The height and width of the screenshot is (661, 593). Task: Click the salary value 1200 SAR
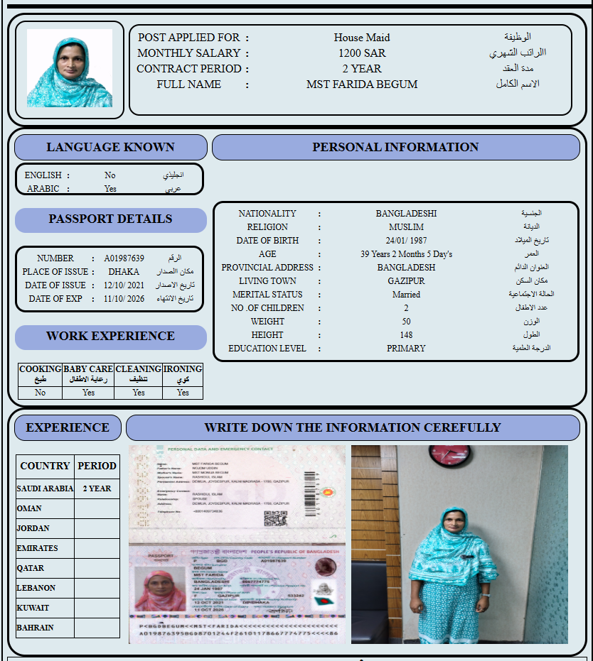pos(362,53)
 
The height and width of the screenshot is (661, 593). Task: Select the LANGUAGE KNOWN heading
pos(110,148)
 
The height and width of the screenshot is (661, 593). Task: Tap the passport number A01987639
pos(124,258)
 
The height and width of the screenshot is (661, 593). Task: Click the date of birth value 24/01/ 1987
pos(406,241)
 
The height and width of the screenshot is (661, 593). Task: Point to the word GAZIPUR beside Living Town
pos(406,281)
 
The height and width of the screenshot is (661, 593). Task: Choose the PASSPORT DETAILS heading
pos(110,219)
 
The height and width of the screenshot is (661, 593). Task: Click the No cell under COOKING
pos(40,392)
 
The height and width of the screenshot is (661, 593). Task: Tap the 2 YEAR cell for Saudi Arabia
pos(97,488)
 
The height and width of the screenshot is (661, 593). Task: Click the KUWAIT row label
pos(33,608)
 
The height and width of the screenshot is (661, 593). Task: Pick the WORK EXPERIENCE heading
pos(110,337)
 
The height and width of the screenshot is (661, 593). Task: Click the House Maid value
pos(362,38)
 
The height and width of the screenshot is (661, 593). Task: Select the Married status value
pos(406,295)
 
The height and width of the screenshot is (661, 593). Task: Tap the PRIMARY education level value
pos(406,349)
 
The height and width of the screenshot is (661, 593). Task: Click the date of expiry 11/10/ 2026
pos(124,299)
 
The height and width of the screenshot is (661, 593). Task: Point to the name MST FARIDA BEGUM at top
pos(362,84)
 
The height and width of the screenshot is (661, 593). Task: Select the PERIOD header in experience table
pos(97,466)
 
